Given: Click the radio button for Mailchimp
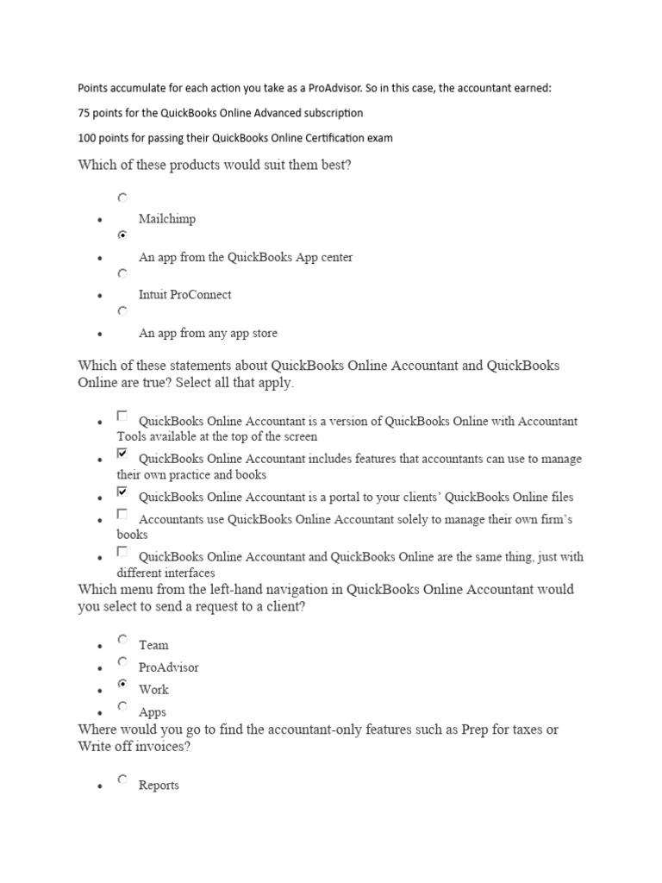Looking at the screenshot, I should pos(122,197).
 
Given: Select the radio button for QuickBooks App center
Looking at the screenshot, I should pos(122,235).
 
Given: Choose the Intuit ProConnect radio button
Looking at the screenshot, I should pos(122,273).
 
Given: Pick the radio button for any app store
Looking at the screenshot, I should pos(122,310).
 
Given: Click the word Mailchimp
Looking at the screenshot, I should pos(167,219).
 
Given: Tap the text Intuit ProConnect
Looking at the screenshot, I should pos(184,295).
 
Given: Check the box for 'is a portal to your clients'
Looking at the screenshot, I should pos(122,492).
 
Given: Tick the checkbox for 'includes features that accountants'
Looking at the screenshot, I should pos(122,454).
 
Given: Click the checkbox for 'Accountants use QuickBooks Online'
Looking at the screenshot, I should pos(122,515).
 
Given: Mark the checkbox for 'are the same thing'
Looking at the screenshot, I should pos(122,552).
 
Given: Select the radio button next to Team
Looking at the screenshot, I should pos(122,640).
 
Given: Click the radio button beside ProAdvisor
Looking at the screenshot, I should pos(122,662).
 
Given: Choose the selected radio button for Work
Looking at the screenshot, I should pos(122,685).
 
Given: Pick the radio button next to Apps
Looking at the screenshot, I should pos(122,707).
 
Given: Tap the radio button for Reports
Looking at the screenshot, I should pos(122,780).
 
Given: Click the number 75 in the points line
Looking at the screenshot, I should pos(84,113).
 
